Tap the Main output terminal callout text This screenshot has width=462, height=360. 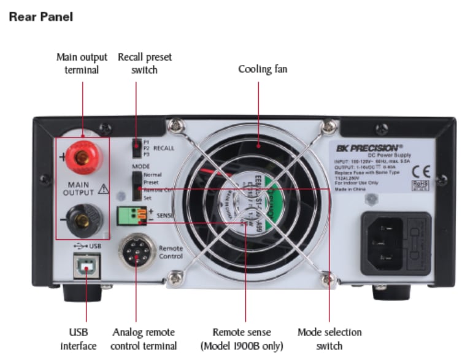point(78,63)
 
